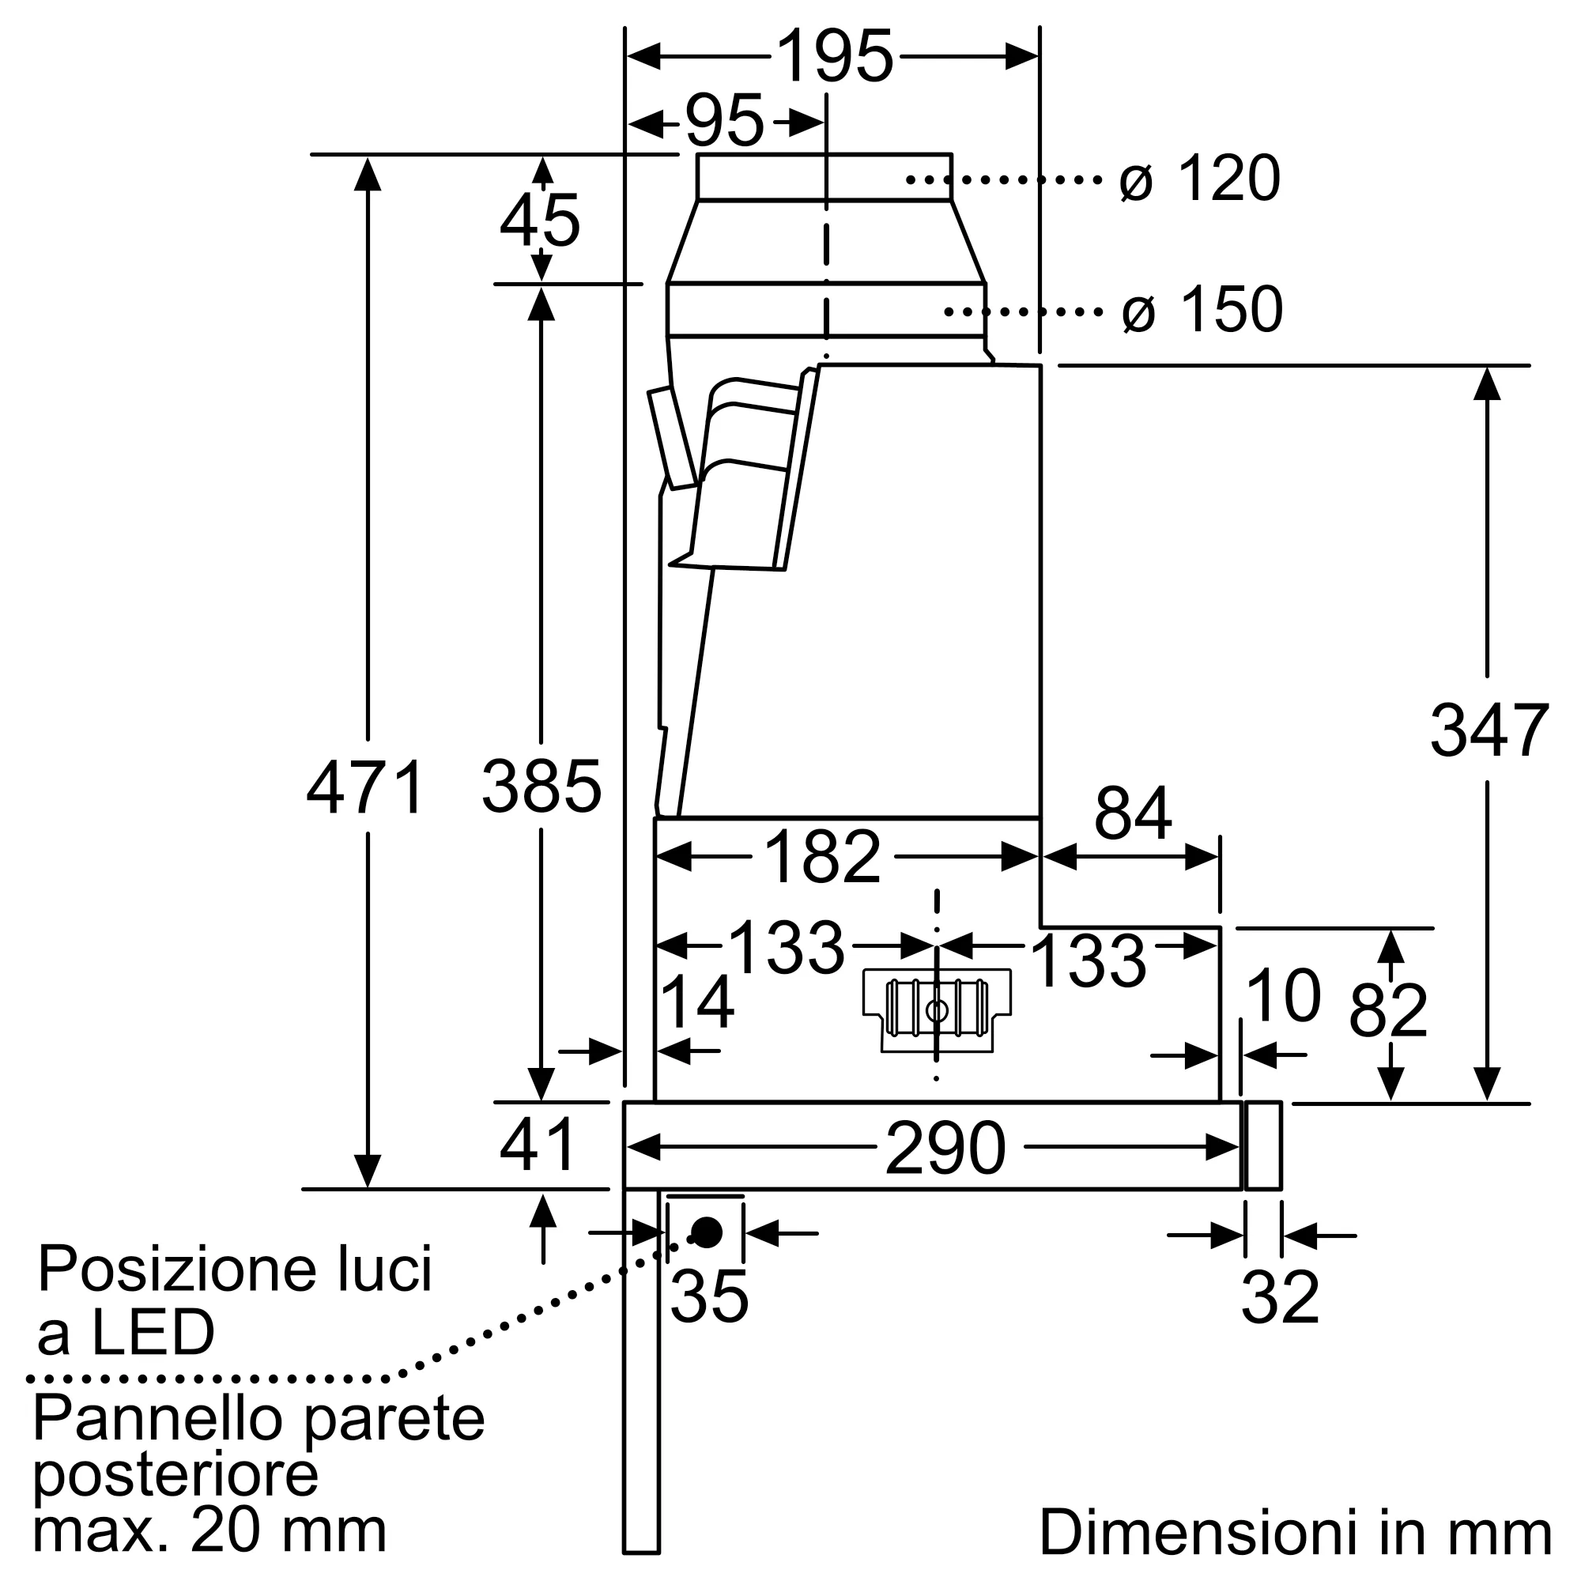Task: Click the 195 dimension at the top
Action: [x=834, y=57]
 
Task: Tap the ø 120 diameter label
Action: [x=1199, y=179]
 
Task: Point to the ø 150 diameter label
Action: [x=1202, y=310]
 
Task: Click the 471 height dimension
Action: [x=366, y=787]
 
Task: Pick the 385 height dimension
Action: [x=541, y=787]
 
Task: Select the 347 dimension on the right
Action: [x=1489, y=730]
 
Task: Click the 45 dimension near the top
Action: [x=539, y=221]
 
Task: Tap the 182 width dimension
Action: [x=821, y=858]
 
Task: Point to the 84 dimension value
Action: [x=1133, y=814]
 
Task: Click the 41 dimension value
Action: [x=538, y=1145]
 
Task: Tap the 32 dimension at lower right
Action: [x=1280, y=1297]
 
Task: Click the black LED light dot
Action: [x=707, y=1232]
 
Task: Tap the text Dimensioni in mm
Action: [x=1295, y=1532]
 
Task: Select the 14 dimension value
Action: [x=696, y=1002]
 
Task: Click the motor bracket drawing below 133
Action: [x=937, y=1010]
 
